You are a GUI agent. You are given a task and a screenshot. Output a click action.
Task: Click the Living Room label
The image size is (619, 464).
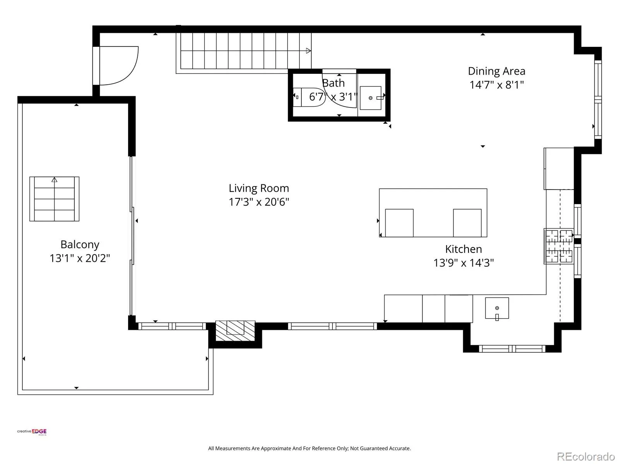(258, 188)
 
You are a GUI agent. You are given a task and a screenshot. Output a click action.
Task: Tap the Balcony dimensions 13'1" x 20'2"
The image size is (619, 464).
(80, 258)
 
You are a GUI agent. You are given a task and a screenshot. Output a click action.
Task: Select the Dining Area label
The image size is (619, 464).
(496, 71)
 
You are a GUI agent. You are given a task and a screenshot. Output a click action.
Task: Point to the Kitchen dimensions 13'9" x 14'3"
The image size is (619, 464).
(463, 263)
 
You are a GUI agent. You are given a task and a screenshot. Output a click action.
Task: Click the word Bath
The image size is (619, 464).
(333, 83)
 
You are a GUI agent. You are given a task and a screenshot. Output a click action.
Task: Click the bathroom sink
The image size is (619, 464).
(371, 98)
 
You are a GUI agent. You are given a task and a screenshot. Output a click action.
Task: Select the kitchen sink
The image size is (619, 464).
(497, 308)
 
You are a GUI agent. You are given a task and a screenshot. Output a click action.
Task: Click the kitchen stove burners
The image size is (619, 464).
(559, 246)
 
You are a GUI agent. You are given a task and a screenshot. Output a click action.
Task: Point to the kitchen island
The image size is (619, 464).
(433, 213)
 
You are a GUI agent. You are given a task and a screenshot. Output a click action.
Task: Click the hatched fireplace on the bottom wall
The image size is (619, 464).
(235, 331)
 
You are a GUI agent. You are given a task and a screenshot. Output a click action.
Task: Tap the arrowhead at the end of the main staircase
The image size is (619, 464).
(308, 51)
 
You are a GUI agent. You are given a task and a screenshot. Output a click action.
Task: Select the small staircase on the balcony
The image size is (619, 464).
(55, 199)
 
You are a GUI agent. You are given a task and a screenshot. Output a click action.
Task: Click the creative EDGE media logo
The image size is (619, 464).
(32, 432)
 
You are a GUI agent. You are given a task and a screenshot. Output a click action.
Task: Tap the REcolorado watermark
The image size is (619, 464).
(585, 456)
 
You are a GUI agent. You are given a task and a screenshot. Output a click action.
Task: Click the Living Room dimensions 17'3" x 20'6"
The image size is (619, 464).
(258, 202)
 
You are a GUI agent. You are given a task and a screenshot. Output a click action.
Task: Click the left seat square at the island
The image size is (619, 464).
(399, 223)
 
